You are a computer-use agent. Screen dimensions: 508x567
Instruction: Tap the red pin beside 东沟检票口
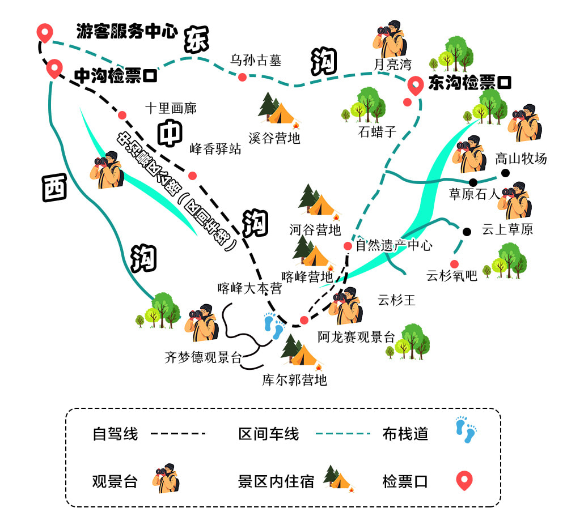coord(416,86)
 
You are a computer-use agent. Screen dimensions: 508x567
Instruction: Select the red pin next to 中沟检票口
coord(54,68)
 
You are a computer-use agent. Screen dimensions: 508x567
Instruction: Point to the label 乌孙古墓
coord(256,60)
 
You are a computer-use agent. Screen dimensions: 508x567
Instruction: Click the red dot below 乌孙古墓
coord(242,77)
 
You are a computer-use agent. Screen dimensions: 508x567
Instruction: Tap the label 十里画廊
coord(171,108)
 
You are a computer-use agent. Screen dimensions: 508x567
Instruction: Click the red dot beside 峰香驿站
coord(192,175)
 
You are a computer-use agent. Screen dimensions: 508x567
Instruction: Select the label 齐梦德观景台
coord(203,357)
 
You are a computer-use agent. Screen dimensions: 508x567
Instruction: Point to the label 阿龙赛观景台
coord(356,337)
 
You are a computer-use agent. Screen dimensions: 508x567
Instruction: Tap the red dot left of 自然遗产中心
coord(348,246)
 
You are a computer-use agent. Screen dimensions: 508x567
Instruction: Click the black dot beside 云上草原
coord(467,231)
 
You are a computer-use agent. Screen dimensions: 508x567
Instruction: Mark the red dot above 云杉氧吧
coord(454,263)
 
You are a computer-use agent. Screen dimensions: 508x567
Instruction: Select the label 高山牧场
coord(521,159)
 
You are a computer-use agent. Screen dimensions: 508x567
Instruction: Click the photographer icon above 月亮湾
coord(391,37)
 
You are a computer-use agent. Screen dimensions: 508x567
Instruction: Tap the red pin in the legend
coord(464,481)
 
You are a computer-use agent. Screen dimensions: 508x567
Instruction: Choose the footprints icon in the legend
coord(466,431)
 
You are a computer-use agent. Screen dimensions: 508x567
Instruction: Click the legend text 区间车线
coord(268,434)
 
